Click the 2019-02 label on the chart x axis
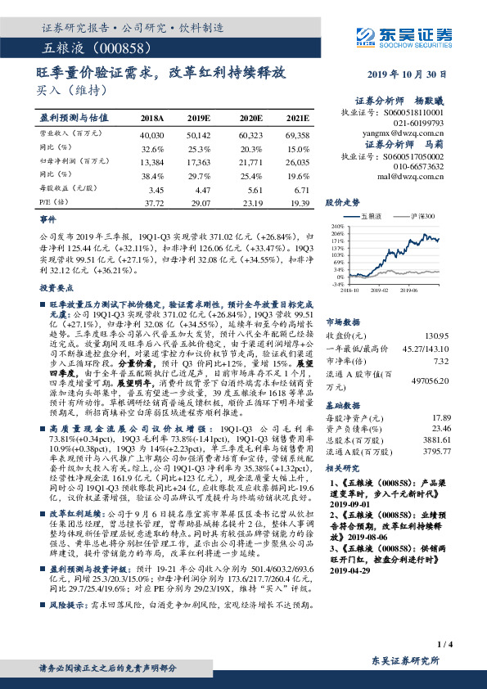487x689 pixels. (x=380, y=289)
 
